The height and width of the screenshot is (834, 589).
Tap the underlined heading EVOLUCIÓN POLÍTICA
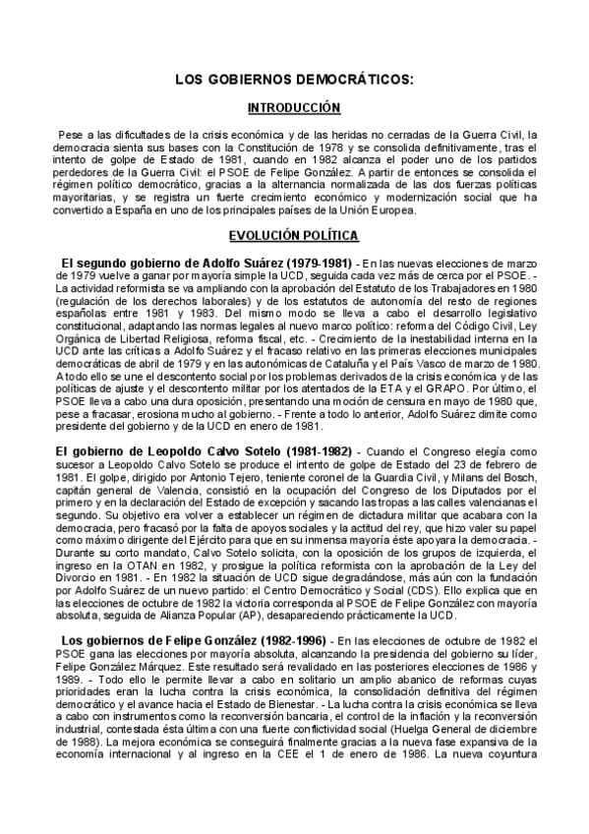coord(294,236)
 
